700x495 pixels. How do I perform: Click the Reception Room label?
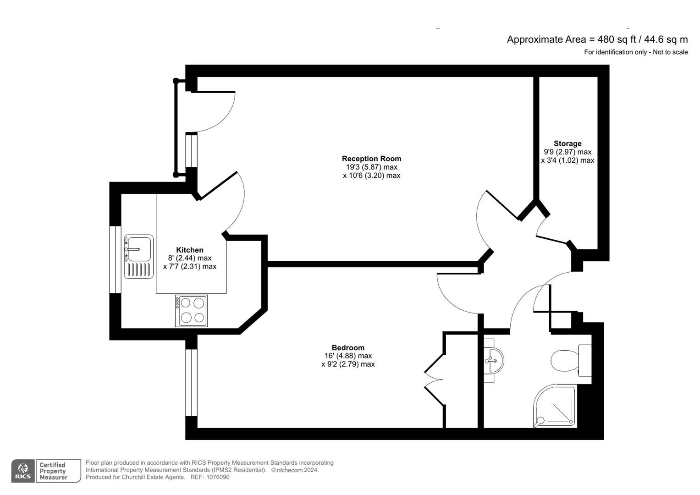coord(371,159)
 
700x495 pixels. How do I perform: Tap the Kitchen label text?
coord(190,250)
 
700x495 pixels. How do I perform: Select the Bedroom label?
coord(348,347)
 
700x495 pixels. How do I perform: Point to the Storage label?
coord(568,143)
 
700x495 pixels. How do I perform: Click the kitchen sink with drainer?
coord(138,256)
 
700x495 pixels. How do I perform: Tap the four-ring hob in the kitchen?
coord(192,311)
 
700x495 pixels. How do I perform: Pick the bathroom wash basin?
coord(493,360)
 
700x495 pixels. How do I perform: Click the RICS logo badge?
coord(23,471)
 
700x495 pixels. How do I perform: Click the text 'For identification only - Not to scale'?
coord(635,52)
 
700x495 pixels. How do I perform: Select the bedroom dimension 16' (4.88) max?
coord(348,356)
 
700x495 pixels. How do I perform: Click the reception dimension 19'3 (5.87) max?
coord(371,167)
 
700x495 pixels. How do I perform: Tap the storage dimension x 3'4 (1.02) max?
coord(568,160)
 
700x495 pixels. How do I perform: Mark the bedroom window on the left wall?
coord(191,382)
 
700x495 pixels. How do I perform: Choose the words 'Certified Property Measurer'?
coord(54,471)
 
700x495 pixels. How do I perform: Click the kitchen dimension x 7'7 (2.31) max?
coord(190,266)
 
